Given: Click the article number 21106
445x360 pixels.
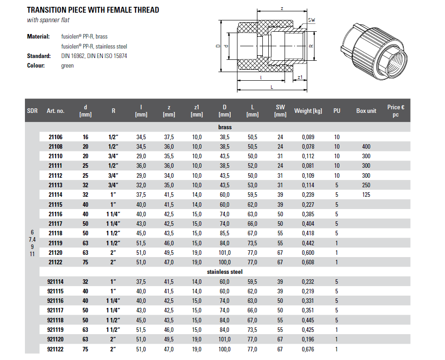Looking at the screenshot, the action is click(55, 137).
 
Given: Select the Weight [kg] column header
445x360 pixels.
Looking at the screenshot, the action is click(308, 111).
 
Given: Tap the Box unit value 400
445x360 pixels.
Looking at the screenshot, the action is click(366, 146).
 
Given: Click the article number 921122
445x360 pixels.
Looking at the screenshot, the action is click(55, 349).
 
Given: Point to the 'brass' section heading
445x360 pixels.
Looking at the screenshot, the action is click(225, 127).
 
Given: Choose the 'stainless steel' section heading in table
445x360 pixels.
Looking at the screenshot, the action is click(225, 272).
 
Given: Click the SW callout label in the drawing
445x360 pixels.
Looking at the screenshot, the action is click(311, 20).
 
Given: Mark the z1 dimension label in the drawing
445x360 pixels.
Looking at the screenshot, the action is click(300, 77).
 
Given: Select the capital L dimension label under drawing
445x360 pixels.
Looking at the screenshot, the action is click(271, 87).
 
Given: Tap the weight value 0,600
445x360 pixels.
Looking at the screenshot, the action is click(308, 253).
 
